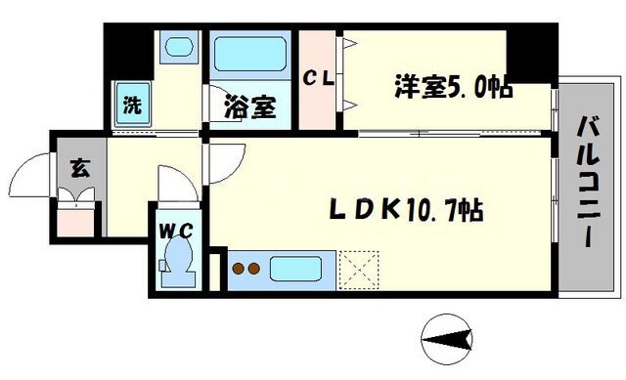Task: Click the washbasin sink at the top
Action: coord(178,47)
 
